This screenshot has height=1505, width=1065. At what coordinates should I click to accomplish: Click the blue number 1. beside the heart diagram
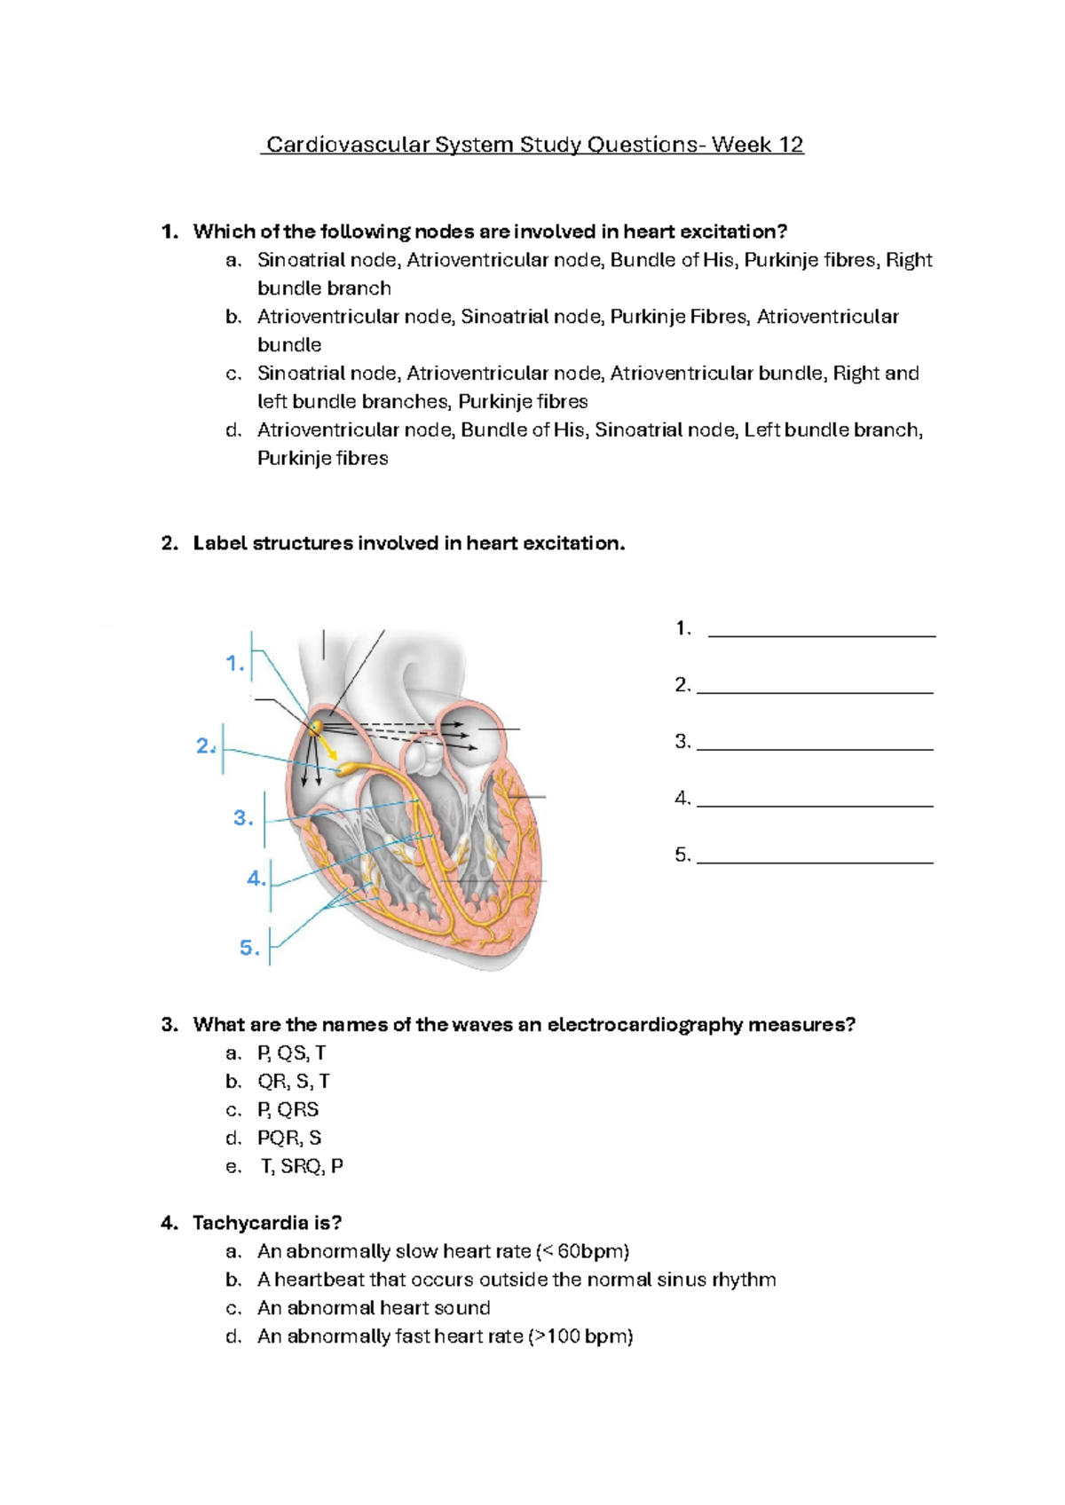click(x=234, y=664)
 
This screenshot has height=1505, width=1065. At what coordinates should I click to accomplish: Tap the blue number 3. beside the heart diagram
click(x=243, y=818)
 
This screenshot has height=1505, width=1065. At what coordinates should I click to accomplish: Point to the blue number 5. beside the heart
click(x=249, y=948)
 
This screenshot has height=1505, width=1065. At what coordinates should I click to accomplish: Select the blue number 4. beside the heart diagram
click(x=256, y=879)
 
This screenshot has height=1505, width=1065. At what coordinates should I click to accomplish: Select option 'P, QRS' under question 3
click(x=288, y=1109)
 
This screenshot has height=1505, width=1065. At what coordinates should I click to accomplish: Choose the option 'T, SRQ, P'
click(x=302, y=1166)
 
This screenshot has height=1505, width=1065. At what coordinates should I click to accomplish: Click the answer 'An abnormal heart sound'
click(x=374, y=1308)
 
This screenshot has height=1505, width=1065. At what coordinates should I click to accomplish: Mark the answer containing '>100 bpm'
click(x=445, y=1336)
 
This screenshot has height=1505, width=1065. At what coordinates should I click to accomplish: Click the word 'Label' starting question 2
click(x=220, y=543)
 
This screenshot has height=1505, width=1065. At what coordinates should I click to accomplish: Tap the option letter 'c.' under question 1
click(x=233, y=374)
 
